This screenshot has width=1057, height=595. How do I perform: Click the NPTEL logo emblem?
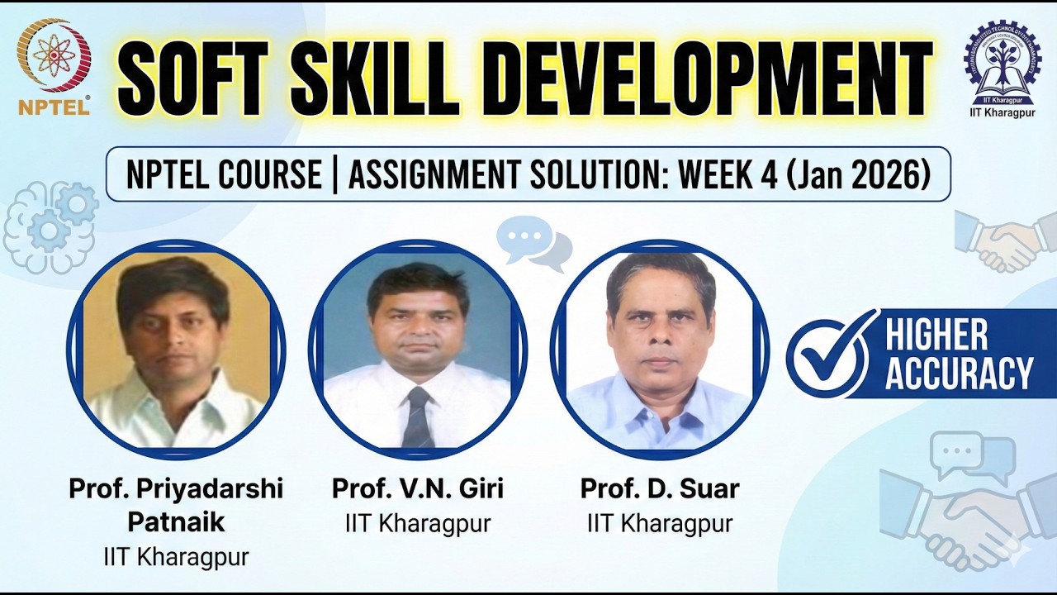click(54, 55)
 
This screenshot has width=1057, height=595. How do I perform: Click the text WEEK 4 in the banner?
click(728, 175)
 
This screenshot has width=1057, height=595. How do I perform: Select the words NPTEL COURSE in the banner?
click(223, 175)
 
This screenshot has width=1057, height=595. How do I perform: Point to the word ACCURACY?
click(959, 374)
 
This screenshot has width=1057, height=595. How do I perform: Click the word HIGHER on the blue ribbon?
click(936, 336)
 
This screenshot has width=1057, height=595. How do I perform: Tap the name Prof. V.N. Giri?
click(417, 488)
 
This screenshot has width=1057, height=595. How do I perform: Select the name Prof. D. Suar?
click(659, 488)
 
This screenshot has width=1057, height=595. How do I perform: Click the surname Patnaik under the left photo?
click(176, 522)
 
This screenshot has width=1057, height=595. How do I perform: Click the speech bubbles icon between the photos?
click(534, 241)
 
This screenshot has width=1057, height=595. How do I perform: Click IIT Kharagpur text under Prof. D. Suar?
click(659, 523)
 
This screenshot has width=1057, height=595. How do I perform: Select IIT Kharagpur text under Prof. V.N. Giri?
click(417, 523)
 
